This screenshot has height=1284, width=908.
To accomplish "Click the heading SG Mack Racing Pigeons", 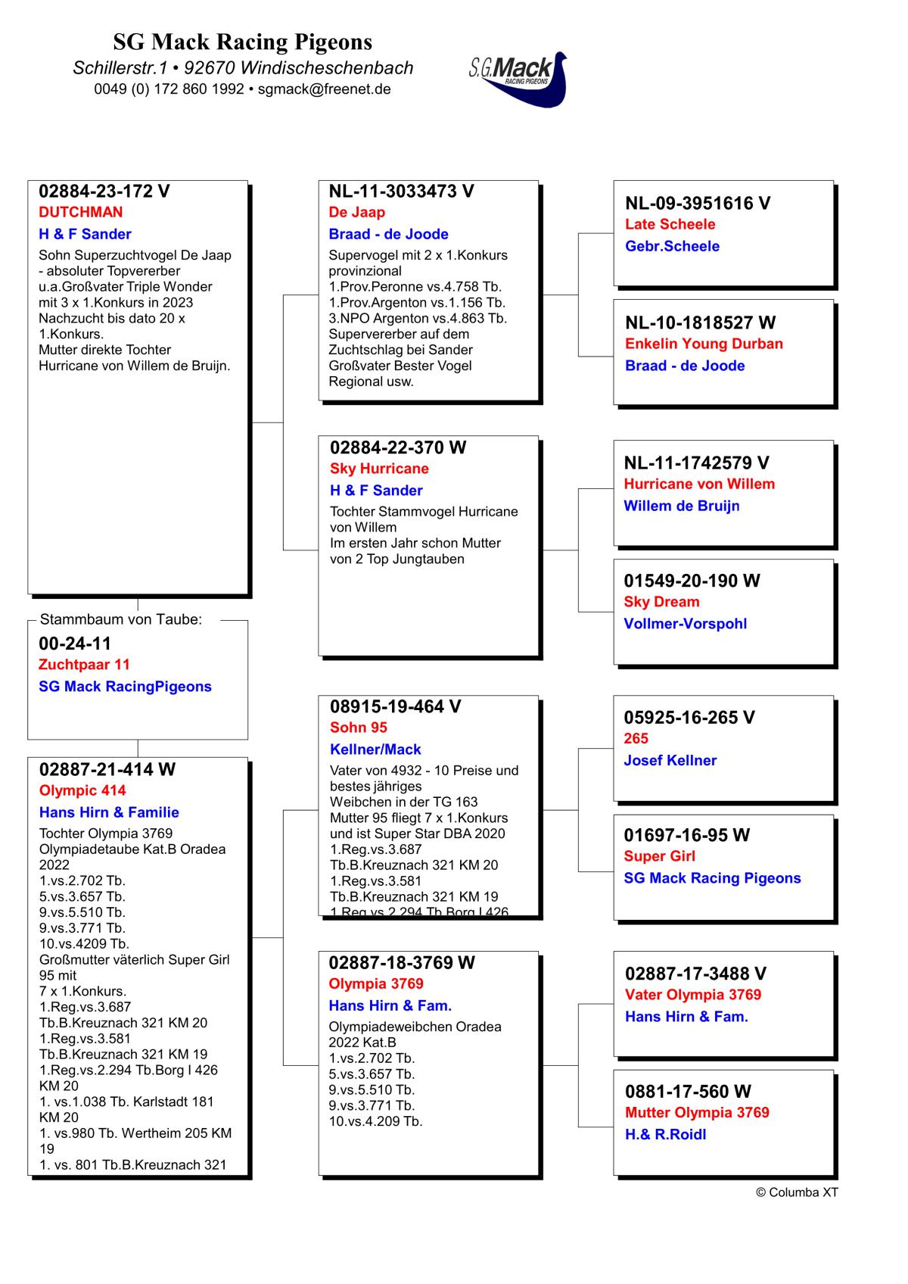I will click(x=243, y=42).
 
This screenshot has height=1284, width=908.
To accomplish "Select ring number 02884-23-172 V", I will click(x=104, y=192).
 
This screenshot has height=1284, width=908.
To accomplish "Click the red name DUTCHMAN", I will click(x=80, y=213).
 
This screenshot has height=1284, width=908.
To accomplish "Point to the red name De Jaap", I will click(x=356, y=213).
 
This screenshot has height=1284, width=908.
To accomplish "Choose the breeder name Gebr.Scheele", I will click(x=672, y=246).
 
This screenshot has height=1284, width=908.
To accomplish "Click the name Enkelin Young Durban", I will click(x=704, y=344).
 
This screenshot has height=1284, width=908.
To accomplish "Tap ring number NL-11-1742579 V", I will click(x=696, y=463).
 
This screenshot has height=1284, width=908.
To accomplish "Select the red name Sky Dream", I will click(x=661, y=602).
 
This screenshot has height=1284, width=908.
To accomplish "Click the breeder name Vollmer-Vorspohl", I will click(x=685, y=624).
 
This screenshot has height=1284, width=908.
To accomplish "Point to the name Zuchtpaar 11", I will click(x=84, y=665).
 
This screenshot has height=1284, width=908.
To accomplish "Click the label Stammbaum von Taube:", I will click(x=121, y=619).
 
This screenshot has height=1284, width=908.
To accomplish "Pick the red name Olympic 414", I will click(x=82, y=790).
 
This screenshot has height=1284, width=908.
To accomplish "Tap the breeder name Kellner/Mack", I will click(x=375, y=750).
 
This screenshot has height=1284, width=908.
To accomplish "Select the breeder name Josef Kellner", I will click(x=670, y=760).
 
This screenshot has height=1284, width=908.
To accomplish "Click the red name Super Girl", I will click(x=659, y=856).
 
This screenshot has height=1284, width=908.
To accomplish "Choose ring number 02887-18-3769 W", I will click(x=402, y=963).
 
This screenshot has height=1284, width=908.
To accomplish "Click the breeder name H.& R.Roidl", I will click(x=665, y=1134).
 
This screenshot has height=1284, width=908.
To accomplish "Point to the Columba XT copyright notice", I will click(x=797, y=1192).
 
